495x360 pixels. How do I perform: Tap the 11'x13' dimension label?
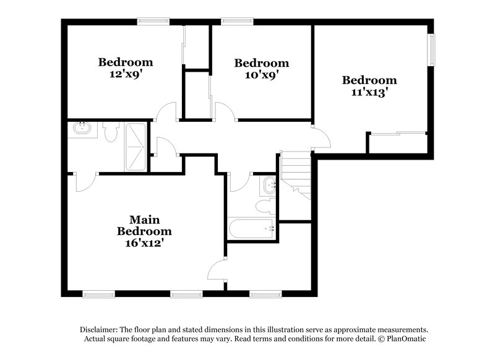click(x=369, y=92)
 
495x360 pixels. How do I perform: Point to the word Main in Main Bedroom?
click(x=144, y=220)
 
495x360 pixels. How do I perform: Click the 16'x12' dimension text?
click(x=144, y=242)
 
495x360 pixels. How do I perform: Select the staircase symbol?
click(x=295, y=174)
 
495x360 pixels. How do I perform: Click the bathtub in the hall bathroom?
click(x=252, y=228)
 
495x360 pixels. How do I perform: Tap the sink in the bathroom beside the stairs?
click(x=270, y=184)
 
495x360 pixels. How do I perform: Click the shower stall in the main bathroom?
click(x=136, y=147)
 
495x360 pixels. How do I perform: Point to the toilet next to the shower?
click(x=111, y=132)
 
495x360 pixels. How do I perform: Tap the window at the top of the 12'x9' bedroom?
click(x=153, y=22)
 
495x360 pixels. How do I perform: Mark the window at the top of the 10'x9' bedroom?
click(x=233, y=22)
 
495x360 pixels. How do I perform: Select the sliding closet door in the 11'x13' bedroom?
click(x=397, y=133)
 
